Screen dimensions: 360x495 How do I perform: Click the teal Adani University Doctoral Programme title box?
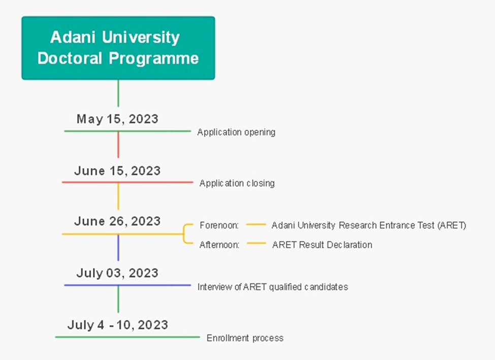coord(118,48)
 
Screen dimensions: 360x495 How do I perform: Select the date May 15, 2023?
coord(117,119)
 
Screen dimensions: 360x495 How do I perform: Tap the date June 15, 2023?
coord(117,171)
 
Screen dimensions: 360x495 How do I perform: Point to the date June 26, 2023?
coord(117,221)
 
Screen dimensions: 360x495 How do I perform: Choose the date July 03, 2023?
coord(117,273)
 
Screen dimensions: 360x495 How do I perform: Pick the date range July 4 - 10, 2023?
coord(117,325)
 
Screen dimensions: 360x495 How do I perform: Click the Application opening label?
coord(236,133)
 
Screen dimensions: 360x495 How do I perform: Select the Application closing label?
coord(237,183)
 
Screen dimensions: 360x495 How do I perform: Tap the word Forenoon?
coord(219,225)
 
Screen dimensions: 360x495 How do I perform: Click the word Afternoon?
coord(219,245)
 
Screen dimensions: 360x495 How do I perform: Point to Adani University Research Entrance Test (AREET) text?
coord(369,225)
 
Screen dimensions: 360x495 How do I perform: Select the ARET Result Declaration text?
coord(322,245)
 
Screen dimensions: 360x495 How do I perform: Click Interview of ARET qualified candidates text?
coord(273,287)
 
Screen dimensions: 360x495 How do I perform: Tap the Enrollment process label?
coord(245,338)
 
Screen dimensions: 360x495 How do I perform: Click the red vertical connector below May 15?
coord(118,145)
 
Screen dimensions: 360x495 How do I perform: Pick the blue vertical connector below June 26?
coord(118,247)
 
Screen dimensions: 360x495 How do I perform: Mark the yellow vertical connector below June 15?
coord(118,196)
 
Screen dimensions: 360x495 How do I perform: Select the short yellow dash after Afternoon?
coord(256,244)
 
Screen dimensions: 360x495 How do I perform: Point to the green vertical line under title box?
coord(118,93)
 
